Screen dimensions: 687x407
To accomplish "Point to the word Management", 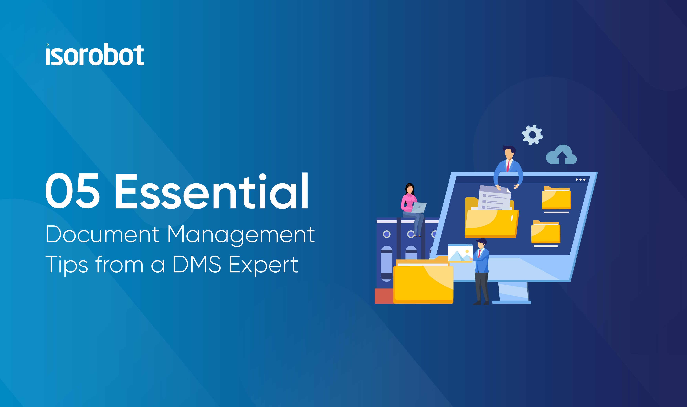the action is pyautogui.click(x=241, y=235).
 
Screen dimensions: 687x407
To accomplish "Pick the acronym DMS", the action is pyautogui.click(x=197, y=264).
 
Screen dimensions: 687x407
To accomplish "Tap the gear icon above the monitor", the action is pyautogui.click(x=532, y=135).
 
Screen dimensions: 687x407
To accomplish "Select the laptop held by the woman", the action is pyautogui.click(x=419, y=208).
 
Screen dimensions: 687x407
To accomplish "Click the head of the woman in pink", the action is pyautogui.click(x=409, y=188).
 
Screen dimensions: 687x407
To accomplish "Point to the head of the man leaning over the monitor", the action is pyautogui.click(x=509, y=152).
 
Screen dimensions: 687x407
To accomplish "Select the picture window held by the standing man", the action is pyautogui.click(x=460, y=253).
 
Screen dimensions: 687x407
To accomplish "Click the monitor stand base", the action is pyautogui.click(x=512, y=302).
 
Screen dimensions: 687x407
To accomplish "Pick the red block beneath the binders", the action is pyautogui.click(x=384, y=296).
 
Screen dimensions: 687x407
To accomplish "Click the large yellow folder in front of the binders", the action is pyautogui.click(x=423, y=281).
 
